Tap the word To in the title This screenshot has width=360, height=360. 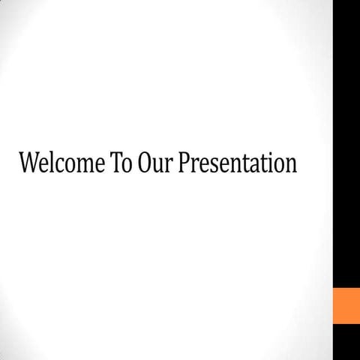coord(122,164)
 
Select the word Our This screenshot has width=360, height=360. coord(156,164)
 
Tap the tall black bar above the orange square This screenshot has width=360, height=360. coord(346,142)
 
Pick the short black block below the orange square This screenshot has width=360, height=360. coord(346,343)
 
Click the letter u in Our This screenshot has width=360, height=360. coord(159,166)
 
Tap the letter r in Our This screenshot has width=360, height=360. coord(169,166)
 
